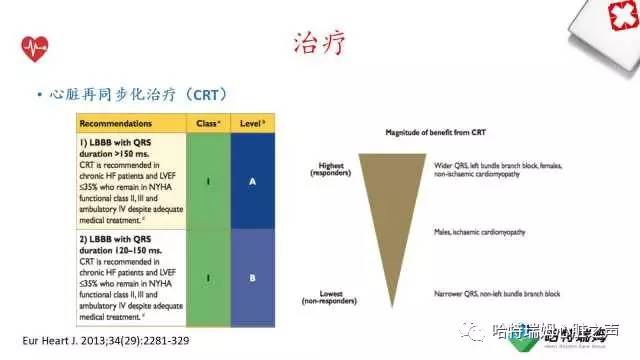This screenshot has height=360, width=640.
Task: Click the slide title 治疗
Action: click(x=320, y=43)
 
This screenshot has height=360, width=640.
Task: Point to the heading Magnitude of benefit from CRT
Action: click(x=443, y=132)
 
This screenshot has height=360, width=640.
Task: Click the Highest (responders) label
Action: click(x=332, y=170)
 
